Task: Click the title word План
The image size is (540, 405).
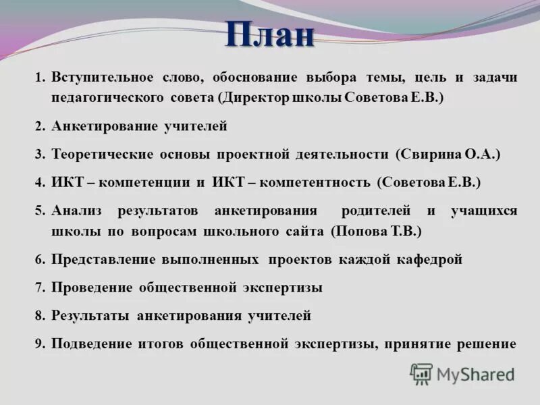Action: pos(270,35)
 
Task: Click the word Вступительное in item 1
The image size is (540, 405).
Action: pos(102,78)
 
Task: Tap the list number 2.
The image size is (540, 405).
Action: pos(39,126)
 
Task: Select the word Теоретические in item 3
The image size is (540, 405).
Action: pos(102,155)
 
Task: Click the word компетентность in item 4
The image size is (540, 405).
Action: pos(315,182)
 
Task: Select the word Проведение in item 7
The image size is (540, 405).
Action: pos(92,288)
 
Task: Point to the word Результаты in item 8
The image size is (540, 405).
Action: pos(91,315)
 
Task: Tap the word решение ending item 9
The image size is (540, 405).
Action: pos(485,344)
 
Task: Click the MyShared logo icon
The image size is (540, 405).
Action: pos(421,374)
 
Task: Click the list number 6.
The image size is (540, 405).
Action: pos(39,260)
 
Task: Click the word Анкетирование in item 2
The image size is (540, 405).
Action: pos(104,126)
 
